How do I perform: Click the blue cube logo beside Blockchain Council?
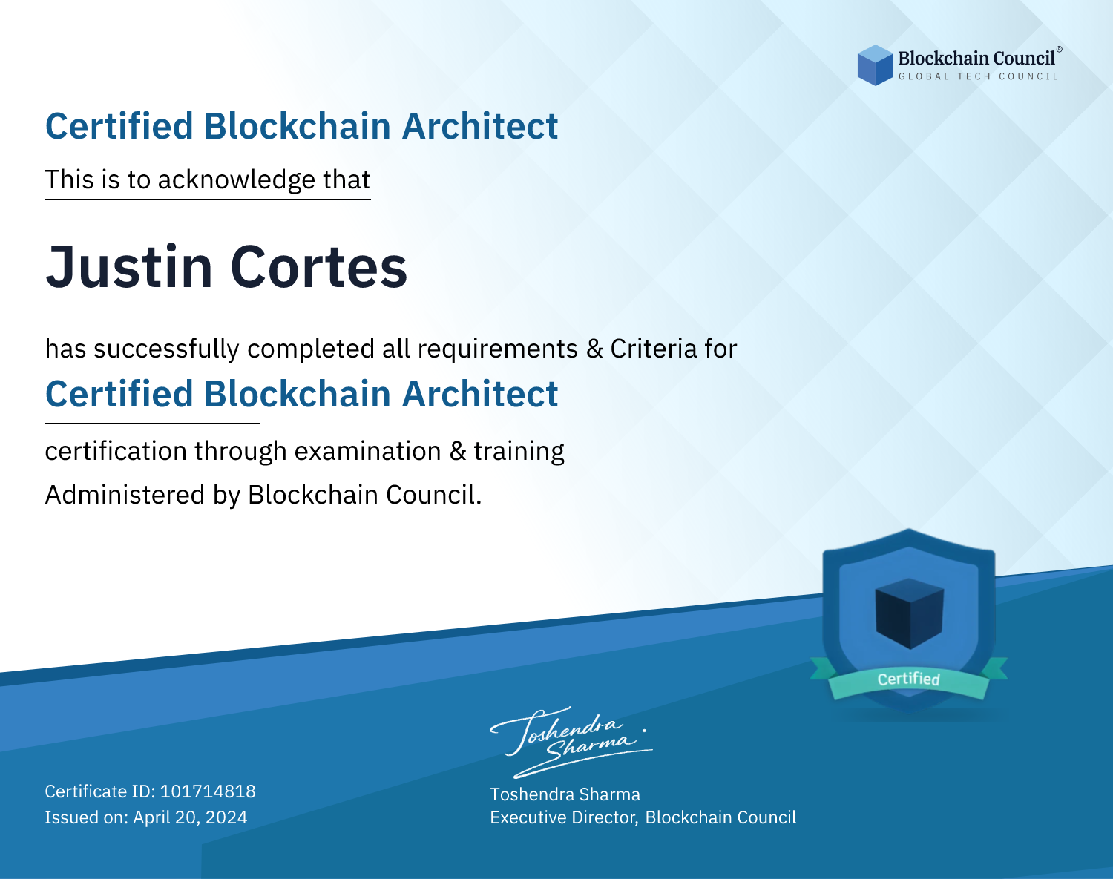tap(875, 65)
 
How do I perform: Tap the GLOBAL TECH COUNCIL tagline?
tap(978, 76)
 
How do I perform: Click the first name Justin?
tap(129, 267)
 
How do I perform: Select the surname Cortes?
tap(318, 267)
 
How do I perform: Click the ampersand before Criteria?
tap(594, 349)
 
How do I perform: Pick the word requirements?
tap(498, 349)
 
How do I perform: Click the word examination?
tap(367, 451)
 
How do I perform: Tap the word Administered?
tap(125, 495)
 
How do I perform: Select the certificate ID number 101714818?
tap(208, 791)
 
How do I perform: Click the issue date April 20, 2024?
tap(190, 817)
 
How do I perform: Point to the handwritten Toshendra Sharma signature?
tap(571, 742)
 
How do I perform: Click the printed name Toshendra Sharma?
tap(565, 794)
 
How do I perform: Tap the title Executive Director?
tap(563, 817)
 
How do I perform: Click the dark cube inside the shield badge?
tap(909, 613)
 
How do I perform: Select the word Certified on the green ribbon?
tap(909, 679)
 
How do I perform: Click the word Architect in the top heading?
tap(480, 126)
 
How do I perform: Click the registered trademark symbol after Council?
tap(1060, 50)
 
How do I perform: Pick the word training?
tap(519, 452)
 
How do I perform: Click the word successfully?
tap(166, 349)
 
